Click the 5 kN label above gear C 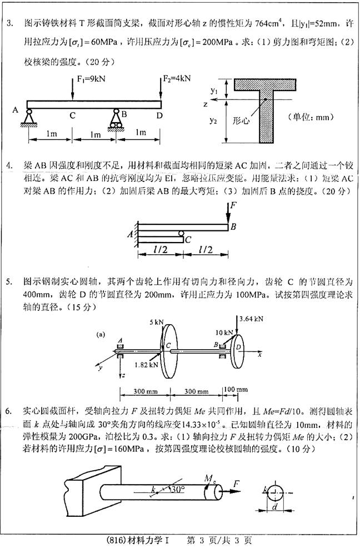point(157,322)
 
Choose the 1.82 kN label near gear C point(147,365)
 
